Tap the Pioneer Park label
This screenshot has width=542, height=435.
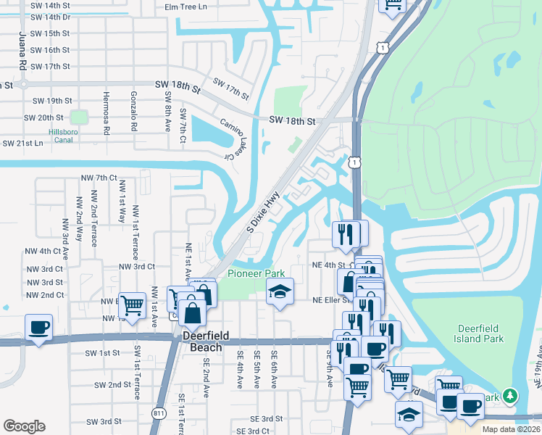(257, 273)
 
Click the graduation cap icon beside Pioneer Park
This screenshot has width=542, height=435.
(280, 292)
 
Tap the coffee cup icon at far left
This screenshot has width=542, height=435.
(38, 327)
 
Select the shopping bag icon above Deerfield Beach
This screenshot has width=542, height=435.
(193, 312)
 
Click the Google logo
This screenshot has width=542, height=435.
(24, 426)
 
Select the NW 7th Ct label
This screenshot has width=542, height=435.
(99, 178)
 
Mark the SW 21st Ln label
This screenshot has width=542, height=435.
(23, 143)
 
